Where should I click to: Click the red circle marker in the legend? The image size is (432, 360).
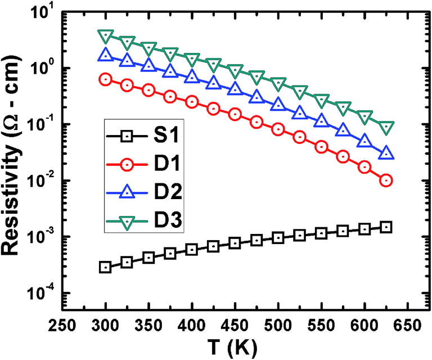click(x=127, y=165)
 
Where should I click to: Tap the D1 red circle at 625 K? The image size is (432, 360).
click(x=386, y=181)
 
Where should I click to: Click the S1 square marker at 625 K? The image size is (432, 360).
click(x=386, y=227)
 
